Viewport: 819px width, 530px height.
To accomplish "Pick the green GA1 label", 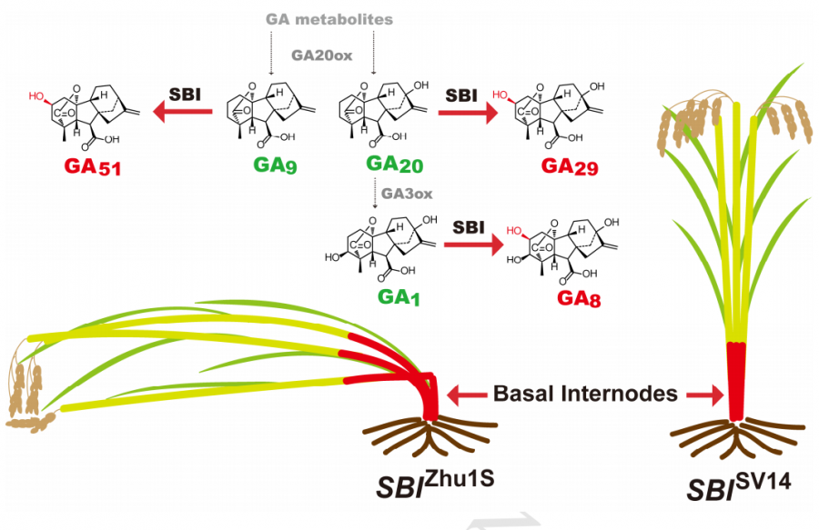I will click(385, 297).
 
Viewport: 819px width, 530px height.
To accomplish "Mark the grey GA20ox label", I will click(323, 54).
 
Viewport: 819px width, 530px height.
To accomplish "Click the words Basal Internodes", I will click(585, 394).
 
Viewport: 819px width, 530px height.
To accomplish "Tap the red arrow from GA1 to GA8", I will click(469, 245).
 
